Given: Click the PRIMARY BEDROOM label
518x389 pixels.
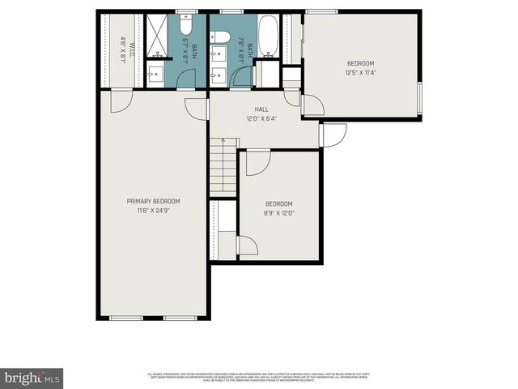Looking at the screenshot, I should pos(153,201).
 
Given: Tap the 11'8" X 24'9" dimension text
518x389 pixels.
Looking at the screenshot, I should pos(153,210).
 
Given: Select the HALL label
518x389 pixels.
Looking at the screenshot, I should pos(261,109).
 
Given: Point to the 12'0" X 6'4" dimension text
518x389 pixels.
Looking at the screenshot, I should pos(261,118).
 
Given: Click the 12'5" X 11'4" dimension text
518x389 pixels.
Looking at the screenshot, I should pos(361,71).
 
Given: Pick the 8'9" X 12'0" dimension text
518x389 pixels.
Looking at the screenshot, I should pos(279,212).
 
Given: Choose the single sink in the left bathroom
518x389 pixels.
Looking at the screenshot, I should pos(155,77).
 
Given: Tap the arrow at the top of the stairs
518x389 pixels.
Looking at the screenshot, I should pos(223,141).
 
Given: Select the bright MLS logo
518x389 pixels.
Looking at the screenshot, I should pos(32,378).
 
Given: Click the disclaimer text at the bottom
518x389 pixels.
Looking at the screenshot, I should pos(259,377).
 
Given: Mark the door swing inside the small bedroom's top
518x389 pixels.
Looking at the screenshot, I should pos(257,162).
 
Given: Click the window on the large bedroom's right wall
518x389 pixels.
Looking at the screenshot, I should pos(419,98).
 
